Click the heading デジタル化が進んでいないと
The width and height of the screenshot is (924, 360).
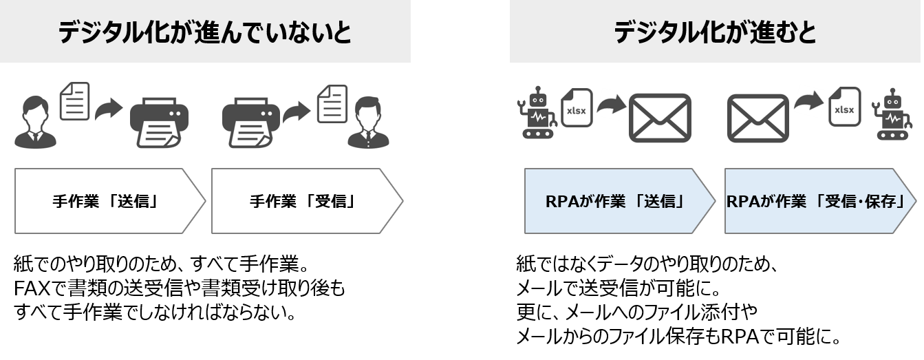pyautogui.click(x=204, y=32)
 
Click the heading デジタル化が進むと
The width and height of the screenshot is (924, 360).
pyautogui.click(x=715, y=32)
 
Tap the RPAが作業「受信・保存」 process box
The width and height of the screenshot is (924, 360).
pyautogui.click(x=819, y=201)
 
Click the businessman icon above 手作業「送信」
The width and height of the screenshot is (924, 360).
pyautogui.click(x=35, y=122)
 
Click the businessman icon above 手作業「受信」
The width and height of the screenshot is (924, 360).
pyautogui.click(x=369, y=123)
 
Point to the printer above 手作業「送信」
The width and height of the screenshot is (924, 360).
pyautogui.click(x=159, y=123)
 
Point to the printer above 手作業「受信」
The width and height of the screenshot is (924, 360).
pyautogui.click(x=250, y=123)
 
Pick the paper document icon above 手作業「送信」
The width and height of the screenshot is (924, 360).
pyautogui.click(x=75, y=101)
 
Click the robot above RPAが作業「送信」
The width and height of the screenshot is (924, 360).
pyautogui.click(x=536, y=113)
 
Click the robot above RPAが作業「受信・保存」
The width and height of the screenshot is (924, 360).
pyautogui.click(x=892, y=114)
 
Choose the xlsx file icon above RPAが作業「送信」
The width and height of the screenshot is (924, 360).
pyautogui.click(x=577, y=108)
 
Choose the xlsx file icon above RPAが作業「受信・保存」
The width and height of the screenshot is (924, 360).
pyautogui.click(x=844, y=106)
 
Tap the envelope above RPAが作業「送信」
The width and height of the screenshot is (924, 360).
pyautogui.click(x=660, y=117)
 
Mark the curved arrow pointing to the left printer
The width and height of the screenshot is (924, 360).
pyautogui.click(x=108, y=110)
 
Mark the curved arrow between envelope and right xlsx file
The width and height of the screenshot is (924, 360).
pyautogui.click(x=808, y=101)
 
